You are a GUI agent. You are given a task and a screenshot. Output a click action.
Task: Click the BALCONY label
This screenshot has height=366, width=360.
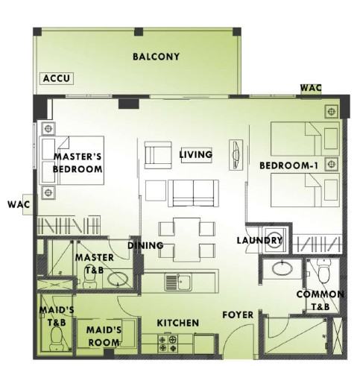coord(156,57)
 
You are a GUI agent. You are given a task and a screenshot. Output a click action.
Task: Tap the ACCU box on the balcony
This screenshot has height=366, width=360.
coord(57,78)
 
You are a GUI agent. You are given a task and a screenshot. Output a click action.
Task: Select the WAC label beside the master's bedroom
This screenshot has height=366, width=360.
coord(19,204)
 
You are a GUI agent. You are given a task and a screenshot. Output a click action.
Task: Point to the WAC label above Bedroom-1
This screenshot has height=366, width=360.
coord(311,88)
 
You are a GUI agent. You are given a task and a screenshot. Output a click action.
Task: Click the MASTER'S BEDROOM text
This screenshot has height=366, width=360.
coord(78,163)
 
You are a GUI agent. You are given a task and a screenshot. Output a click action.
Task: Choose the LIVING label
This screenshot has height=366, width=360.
coord(196,154)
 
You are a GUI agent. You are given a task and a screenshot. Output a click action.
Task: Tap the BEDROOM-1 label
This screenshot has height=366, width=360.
coord(288,165)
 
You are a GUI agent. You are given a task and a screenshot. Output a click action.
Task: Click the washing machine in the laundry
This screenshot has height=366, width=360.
coord(275,240)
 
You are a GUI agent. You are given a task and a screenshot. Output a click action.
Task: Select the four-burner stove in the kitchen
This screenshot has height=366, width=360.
coord(168,343)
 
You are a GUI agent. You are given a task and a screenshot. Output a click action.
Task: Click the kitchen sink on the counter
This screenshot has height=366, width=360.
coord(178,282)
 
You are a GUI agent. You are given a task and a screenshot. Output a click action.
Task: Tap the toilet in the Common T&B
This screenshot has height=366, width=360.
coord(323,271)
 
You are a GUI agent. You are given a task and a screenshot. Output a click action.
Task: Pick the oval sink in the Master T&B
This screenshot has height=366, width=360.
coord(118,280)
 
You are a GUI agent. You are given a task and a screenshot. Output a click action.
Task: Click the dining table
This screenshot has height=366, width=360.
coord(187,239)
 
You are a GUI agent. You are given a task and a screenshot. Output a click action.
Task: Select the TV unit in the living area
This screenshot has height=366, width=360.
coord(236,155)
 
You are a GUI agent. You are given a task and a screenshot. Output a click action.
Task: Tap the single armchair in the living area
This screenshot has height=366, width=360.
coord(158,155)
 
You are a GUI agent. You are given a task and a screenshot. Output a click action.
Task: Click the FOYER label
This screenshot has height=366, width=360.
coord(238,315)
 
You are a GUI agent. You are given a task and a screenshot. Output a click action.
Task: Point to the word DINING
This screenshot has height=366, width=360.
coord(145,245)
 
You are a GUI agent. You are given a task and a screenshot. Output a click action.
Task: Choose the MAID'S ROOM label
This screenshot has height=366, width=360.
coord(104,336)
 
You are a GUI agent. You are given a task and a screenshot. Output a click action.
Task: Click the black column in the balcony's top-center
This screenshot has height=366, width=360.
coord(139,32)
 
